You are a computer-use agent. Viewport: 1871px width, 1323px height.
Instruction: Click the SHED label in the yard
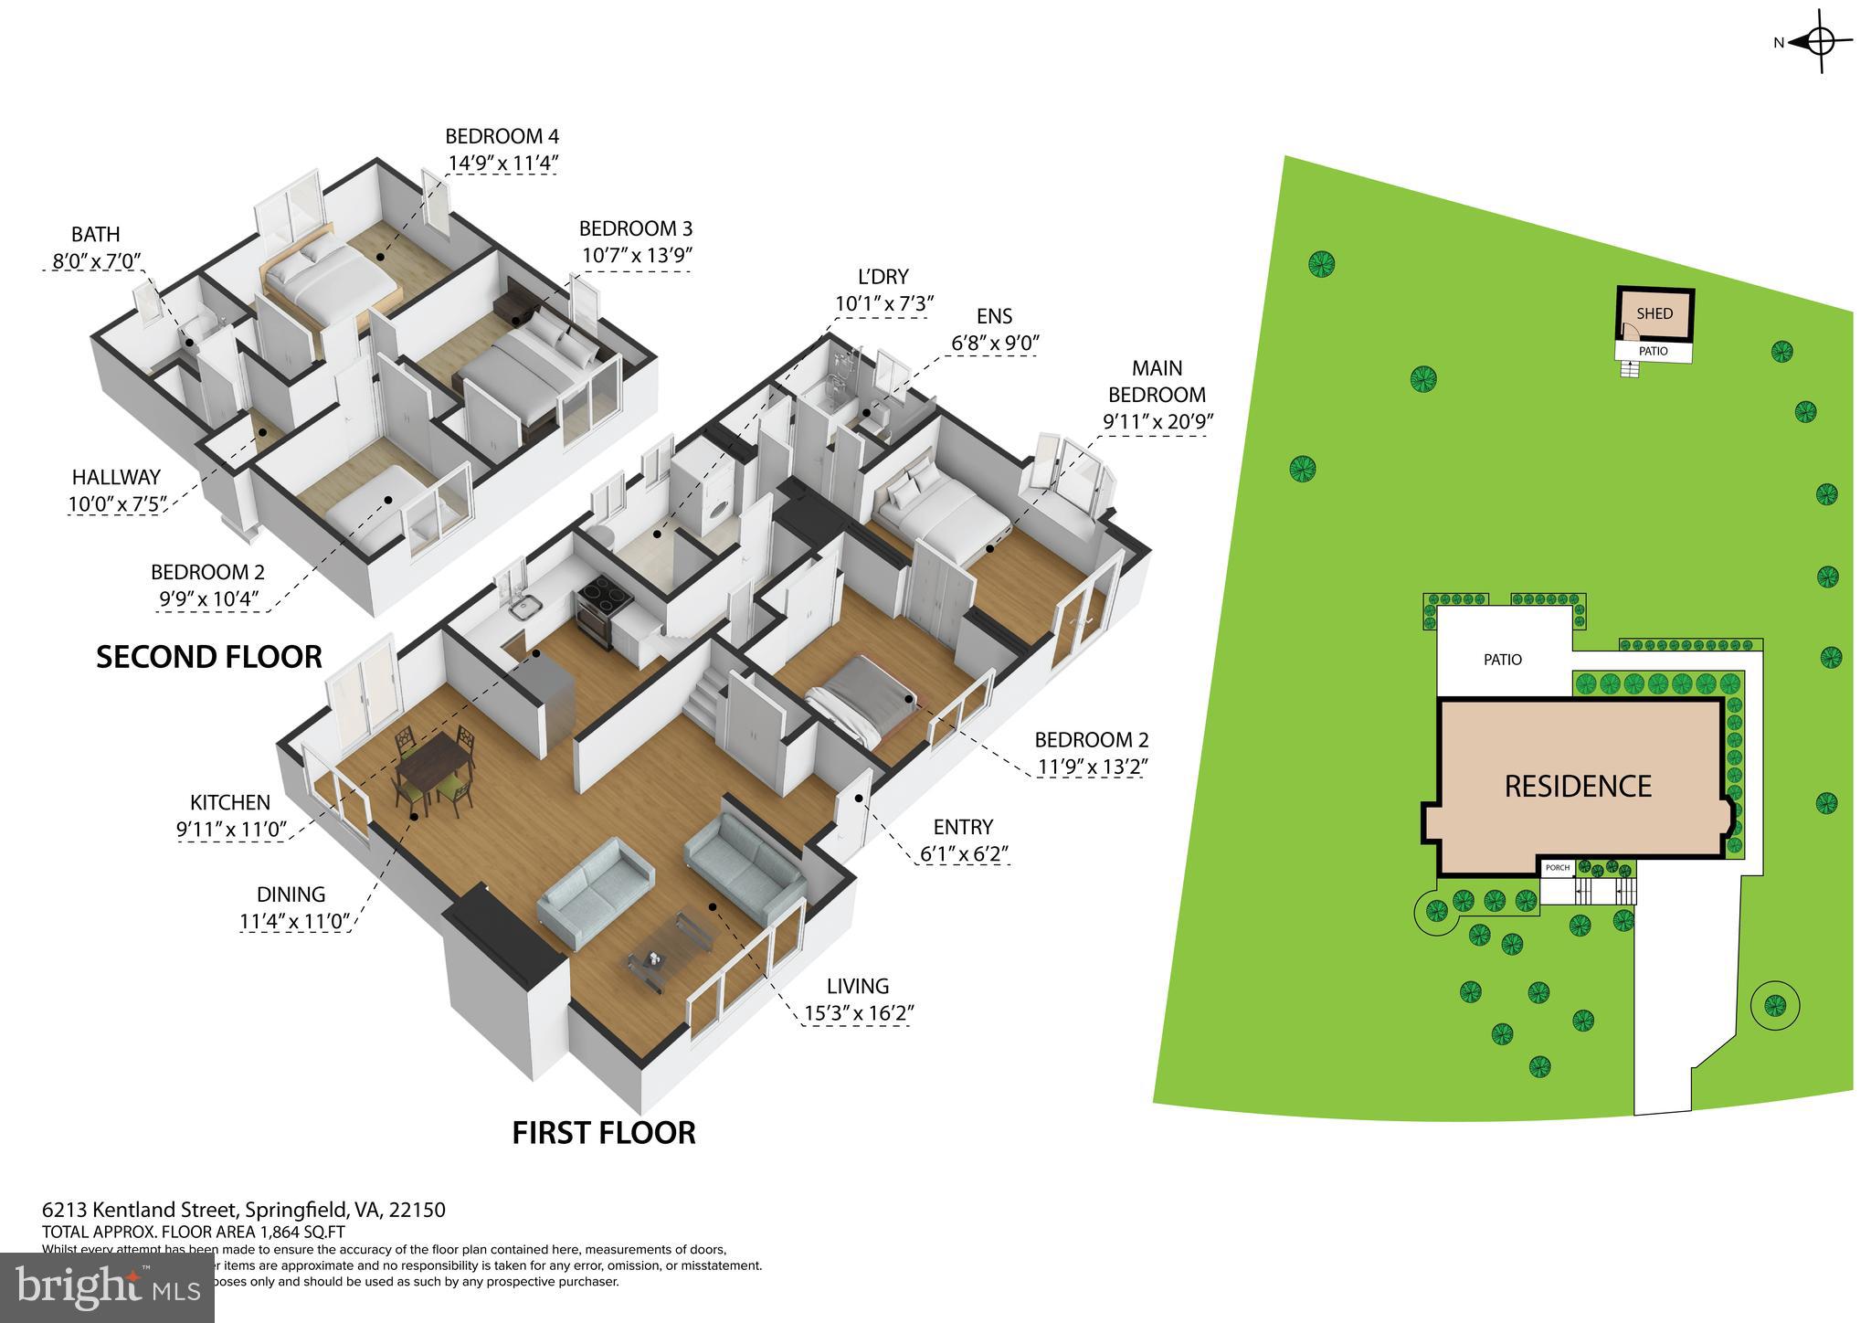[1654, 314]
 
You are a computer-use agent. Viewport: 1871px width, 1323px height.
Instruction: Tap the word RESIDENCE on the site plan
[1578, 787]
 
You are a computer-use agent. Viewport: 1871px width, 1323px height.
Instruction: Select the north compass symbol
[1819, 67]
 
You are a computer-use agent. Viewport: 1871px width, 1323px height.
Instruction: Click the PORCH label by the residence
[1557, 868]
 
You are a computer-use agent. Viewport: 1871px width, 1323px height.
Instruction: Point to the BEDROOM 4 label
[502, 137]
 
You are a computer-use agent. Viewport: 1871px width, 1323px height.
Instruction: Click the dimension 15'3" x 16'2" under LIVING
[859, 1013]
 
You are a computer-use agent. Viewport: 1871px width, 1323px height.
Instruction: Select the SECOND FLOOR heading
[209, 657]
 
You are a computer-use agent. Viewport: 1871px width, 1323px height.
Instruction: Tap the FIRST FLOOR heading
[604, 1133]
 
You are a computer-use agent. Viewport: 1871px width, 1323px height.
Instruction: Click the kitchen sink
[524, 607]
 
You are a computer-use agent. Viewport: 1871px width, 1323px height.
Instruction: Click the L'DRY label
[883, 277]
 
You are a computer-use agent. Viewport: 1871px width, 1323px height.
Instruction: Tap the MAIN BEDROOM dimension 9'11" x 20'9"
[1156, 422]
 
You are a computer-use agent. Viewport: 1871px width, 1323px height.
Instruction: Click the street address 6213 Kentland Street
[243, 1211]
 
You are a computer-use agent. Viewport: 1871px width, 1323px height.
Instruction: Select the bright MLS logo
[108, 1287]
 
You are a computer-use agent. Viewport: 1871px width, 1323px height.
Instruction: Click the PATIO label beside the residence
[1503, 660]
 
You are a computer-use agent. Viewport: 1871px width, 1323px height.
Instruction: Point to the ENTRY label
[963, 827]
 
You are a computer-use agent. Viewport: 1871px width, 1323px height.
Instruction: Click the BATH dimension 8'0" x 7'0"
[96, 260]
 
